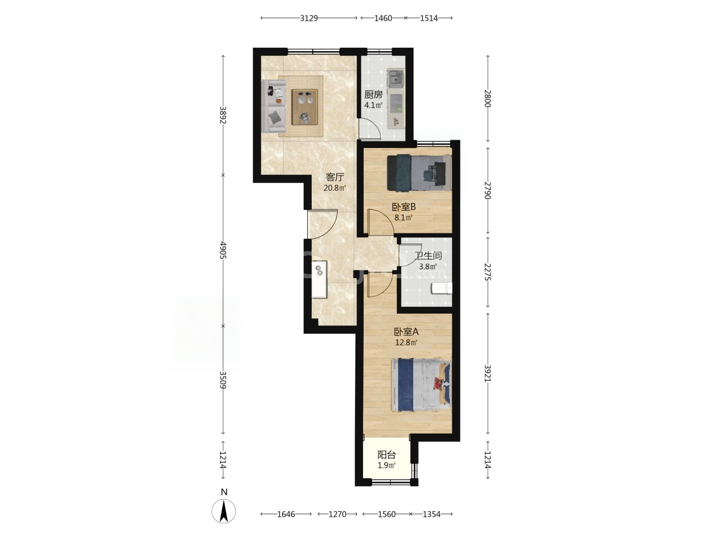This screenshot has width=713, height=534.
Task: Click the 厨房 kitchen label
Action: (373, 95)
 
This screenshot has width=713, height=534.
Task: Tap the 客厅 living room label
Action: (335, 177)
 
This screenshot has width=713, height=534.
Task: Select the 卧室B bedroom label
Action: (404, 206)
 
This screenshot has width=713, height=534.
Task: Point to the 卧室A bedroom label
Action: (406, 332)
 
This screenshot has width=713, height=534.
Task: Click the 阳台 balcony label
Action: (387, 455)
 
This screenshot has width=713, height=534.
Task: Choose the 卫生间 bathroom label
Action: (428, 255)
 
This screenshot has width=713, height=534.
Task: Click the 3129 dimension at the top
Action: (309, 18)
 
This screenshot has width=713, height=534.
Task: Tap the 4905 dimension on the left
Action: (223, 250)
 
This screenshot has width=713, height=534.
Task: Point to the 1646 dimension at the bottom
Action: (286, 514)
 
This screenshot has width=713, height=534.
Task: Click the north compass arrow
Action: (224, 511)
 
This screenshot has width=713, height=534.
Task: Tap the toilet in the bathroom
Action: (442, 288)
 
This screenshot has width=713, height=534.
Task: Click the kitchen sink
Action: (396, 78)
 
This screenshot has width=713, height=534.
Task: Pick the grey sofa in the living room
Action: (274, 106)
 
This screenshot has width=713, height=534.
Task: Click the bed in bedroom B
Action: (419, 172)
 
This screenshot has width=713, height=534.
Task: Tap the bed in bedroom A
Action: (421, 385)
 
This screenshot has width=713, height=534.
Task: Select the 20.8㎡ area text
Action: (335, 188)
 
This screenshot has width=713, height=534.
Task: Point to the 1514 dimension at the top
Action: (429, 18)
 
